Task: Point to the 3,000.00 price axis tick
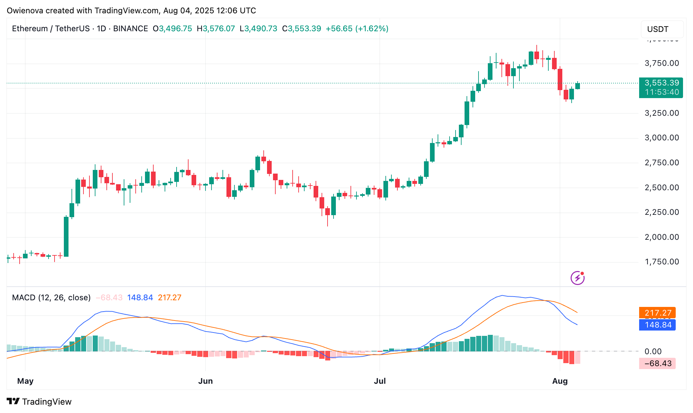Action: [661, 138]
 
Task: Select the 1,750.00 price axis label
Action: [661, 262]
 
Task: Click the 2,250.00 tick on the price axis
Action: [661, 212]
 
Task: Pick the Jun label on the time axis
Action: [205, 381]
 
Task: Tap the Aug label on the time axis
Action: [560, 381]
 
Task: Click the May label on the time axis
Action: [25, 381]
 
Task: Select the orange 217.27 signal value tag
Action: [657, 313]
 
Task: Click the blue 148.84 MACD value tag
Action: [657, 325]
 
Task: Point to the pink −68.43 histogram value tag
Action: [657, 363]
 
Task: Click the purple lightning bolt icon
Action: [578, 278]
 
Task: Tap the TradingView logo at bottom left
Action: [39, 402]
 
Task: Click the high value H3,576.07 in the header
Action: [216, 29]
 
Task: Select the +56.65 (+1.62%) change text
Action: [357, 29]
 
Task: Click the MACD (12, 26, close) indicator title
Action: [51, 298]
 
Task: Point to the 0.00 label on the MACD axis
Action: [653, 351]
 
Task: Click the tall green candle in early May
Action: [66, 236]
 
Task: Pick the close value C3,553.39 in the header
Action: [301, 29]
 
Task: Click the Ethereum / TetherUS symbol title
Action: [51, 29]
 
